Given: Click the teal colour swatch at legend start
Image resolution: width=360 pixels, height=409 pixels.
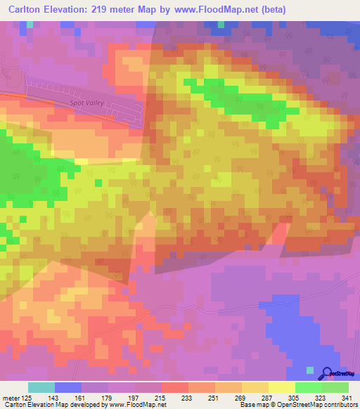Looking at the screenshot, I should click(41, 387).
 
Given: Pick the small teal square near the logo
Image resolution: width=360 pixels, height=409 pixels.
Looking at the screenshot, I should click(310, 369).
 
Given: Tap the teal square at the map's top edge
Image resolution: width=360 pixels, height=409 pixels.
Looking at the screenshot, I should click(221, 25).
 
